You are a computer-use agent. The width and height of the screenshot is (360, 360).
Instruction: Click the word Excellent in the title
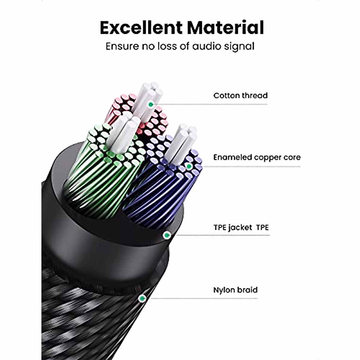[141, 28]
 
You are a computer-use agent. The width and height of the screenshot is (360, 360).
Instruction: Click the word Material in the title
[225, 28]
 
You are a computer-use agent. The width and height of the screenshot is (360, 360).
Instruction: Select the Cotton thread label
[240, 95]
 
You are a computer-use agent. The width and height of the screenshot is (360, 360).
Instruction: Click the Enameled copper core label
[257, 157]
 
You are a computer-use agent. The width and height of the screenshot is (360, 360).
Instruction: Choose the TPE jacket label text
[241, 227]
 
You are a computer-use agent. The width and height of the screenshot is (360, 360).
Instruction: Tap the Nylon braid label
[235, 290]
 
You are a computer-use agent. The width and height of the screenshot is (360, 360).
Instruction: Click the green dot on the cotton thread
[151, 104]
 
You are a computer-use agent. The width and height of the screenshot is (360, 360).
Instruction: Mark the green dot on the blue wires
[189, 166]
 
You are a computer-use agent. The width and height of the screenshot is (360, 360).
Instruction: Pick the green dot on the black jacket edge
[165, 235]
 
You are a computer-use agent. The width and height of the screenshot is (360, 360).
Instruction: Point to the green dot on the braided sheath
[142, 298]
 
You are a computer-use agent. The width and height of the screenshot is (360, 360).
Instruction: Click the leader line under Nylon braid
[204, 298]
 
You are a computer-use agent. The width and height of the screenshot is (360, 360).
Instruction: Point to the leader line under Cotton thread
[210, 104]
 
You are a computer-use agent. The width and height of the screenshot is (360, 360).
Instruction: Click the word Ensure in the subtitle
[122, 46]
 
